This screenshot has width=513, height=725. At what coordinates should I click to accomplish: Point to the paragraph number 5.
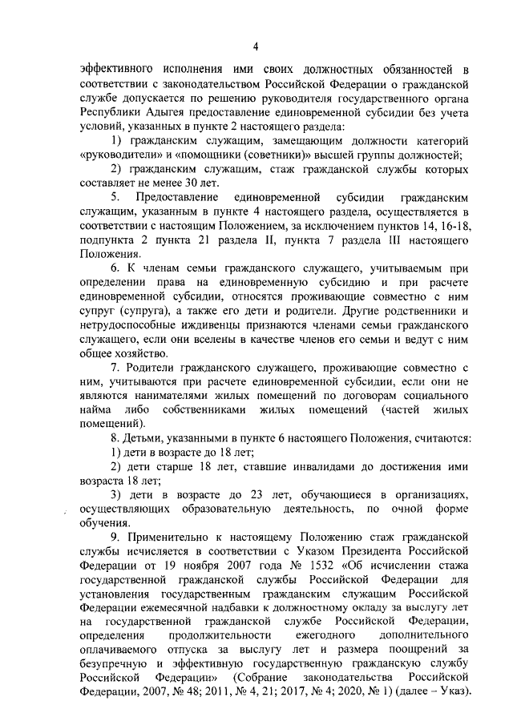pos(115,197)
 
